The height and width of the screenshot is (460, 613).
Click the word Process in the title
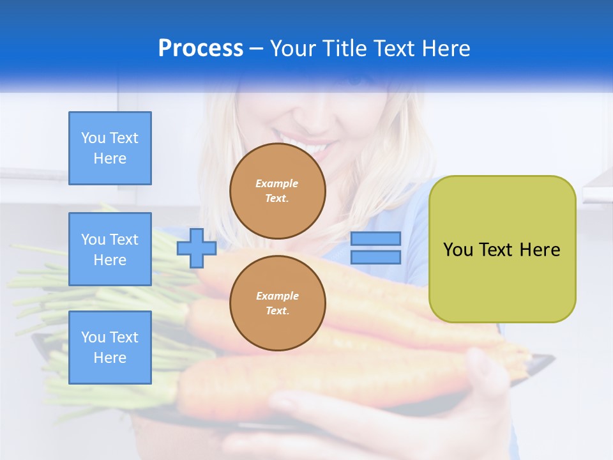[201, 49]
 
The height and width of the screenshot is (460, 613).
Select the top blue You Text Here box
[110, 148]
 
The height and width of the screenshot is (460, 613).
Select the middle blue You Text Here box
[110, 249]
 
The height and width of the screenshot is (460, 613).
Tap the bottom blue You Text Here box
[110, 348]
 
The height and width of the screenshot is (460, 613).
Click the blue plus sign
[196, 247]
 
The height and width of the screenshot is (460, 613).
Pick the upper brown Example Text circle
[278, 191]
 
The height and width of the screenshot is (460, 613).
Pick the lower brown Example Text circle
[278, 303]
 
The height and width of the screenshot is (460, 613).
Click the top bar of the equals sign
[375, 239]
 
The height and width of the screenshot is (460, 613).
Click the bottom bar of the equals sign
[375, 257]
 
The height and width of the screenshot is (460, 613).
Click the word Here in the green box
[540, 250]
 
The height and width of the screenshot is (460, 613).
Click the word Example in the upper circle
[277, 183]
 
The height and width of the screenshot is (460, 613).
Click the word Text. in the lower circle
[277, 311]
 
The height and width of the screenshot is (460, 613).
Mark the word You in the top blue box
[93, 138]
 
